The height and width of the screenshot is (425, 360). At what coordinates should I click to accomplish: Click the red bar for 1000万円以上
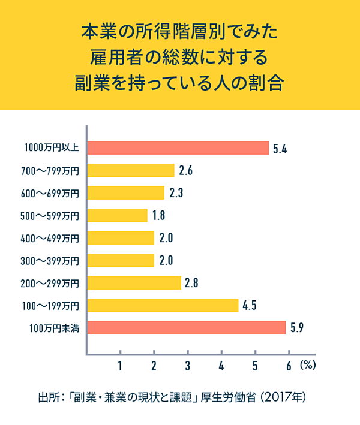tap(178, 147)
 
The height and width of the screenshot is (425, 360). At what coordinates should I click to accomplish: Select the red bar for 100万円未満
tap(187, 327)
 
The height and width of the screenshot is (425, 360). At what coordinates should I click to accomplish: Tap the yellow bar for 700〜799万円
tap(131, 170)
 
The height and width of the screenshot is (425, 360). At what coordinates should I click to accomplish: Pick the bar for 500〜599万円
tap(118, 215)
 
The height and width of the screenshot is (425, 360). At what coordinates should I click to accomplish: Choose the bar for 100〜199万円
tap(163, 305)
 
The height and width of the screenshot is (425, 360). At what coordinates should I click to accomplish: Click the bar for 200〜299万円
tap(134, 282)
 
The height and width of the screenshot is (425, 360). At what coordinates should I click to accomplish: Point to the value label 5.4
tap(281, 148)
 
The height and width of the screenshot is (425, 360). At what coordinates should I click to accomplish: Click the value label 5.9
tap(298, 328)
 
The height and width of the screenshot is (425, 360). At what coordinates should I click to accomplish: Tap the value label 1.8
tap(159, 215)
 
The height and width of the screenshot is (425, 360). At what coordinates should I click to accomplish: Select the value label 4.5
tap(250, 306)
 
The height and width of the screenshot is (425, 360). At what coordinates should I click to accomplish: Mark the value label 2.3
tap(176, 193)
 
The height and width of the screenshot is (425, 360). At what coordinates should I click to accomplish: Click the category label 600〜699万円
tap(50, 193)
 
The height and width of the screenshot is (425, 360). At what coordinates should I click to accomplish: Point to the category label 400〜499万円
tap(50, 238)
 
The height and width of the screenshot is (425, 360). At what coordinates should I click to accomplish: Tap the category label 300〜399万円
tap(50, 260)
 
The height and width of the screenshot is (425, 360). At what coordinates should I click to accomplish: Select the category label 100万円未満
tap(54, 328)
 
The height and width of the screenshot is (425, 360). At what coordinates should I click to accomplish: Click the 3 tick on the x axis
tap(188, 364)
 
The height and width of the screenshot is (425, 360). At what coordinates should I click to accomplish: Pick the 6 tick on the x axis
tap(289, 364)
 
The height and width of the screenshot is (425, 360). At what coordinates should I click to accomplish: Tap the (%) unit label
tap(307, 364)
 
